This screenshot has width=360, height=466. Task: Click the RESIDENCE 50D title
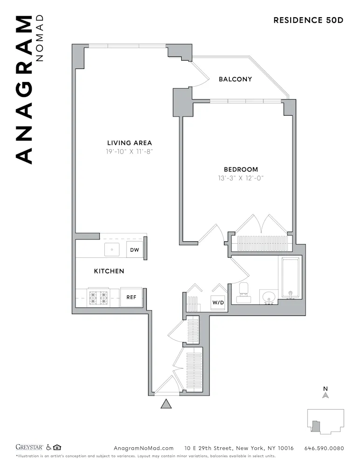(308, 20)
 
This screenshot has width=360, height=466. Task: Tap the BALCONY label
(235, 79)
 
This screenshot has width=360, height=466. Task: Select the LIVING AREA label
(129, 143)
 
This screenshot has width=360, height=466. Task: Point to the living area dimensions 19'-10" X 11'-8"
(129, 152)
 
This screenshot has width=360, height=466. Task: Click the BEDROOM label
(241, 170)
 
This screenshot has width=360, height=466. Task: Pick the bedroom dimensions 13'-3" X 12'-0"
(241, 178)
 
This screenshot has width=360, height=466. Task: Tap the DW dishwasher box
(135, 250)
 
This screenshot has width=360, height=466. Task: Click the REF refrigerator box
(131, 297)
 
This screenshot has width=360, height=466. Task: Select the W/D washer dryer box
(218, 303)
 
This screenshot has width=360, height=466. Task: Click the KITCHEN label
(109, 271)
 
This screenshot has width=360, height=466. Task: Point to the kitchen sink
(112, 250)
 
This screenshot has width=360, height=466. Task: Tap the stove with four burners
(98, 297)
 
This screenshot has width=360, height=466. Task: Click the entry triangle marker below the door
(166, 404)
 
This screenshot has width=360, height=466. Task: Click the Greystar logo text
(29, 448)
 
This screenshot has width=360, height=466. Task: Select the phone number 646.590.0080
(324, 448)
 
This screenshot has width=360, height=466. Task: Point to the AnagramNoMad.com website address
(143, 448)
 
